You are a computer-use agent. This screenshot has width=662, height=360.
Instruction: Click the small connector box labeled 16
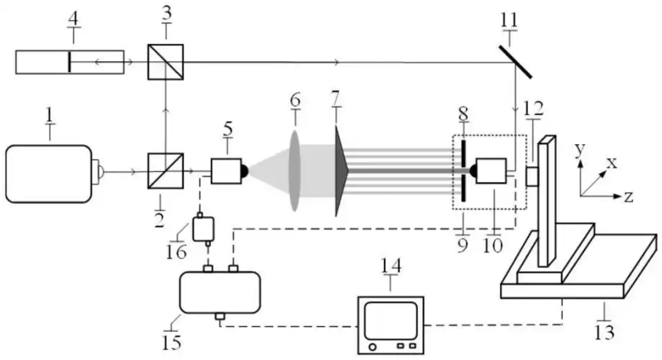coord(203,227)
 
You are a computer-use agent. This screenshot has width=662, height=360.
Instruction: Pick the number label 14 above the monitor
coord(390,265)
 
